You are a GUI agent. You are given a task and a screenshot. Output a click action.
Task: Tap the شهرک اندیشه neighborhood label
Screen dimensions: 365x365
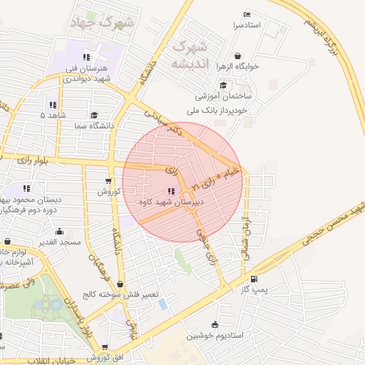(x=192, y=55)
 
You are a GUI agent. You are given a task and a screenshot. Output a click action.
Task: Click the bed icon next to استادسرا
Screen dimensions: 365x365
(x=247, y=15)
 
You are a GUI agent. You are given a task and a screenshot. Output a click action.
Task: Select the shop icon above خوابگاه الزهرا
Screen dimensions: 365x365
(x=237, y=56)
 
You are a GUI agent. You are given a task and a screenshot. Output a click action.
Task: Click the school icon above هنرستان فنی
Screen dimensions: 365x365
(x=86, y=57)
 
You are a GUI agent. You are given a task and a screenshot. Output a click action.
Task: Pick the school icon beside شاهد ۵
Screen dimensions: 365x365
(x=52, y=105)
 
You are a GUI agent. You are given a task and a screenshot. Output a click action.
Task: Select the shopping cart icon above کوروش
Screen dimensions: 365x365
(x=108, y=181)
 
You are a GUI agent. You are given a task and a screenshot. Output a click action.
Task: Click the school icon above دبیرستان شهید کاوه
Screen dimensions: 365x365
(x=170, y=191)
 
